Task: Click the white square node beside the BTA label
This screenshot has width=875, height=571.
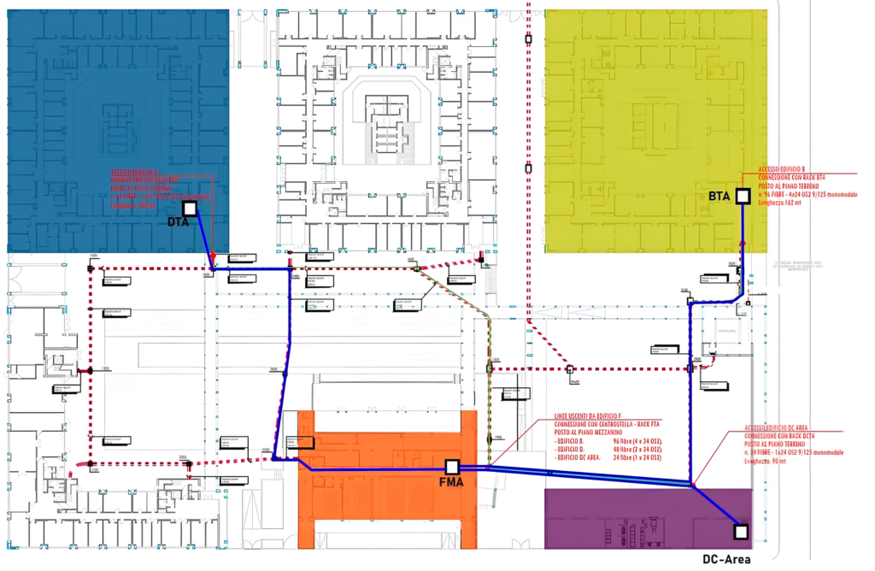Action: pos(743,196)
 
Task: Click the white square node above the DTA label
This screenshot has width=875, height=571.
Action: pos(190,209)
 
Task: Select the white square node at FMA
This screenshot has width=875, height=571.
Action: pos(452,467)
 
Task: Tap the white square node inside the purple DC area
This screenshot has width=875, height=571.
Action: pos(740,532)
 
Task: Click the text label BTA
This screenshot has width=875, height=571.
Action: pos(719,197)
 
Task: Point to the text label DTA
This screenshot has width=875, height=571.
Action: pos(178,222)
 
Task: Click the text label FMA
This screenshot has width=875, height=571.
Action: pos(452,484)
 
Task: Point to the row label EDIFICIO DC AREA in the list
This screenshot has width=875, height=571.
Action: pos(582,458)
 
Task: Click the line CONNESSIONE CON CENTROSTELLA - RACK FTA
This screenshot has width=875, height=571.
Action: pos(608,425)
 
